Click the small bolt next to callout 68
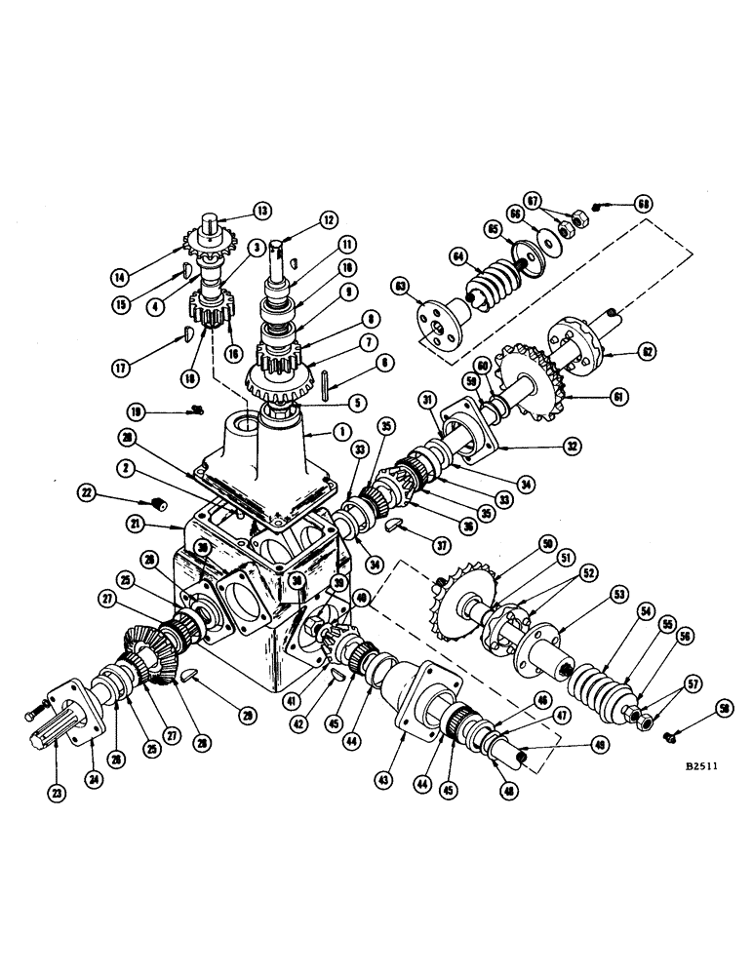pos(605,206)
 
